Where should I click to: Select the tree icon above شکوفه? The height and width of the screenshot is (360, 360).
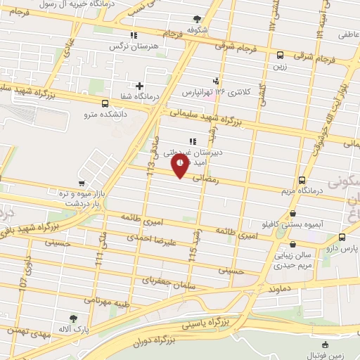coord(197,20)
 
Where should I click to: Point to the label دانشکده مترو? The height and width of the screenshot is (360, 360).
coord(105,112)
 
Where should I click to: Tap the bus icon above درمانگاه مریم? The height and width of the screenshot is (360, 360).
coord(302,180)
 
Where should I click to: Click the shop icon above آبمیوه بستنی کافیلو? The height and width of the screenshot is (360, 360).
coord(292,214)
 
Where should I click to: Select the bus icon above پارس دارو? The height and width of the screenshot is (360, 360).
coord(342,238)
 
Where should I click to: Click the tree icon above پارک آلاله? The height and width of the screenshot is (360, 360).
coord(73,318)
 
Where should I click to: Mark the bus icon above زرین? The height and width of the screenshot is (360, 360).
coord(280,55)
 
